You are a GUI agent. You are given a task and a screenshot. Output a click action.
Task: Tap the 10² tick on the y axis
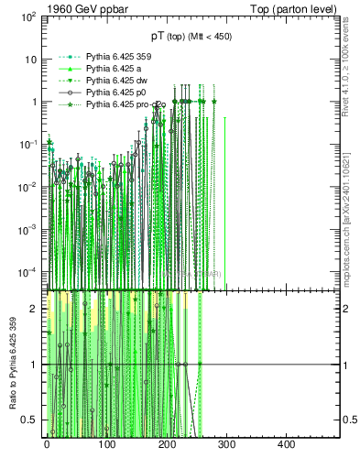click(28, 16)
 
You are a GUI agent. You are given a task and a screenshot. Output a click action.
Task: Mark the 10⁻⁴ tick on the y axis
click(28, 272)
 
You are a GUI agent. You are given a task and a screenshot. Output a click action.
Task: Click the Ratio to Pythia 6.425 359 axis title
click(14, 365)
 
